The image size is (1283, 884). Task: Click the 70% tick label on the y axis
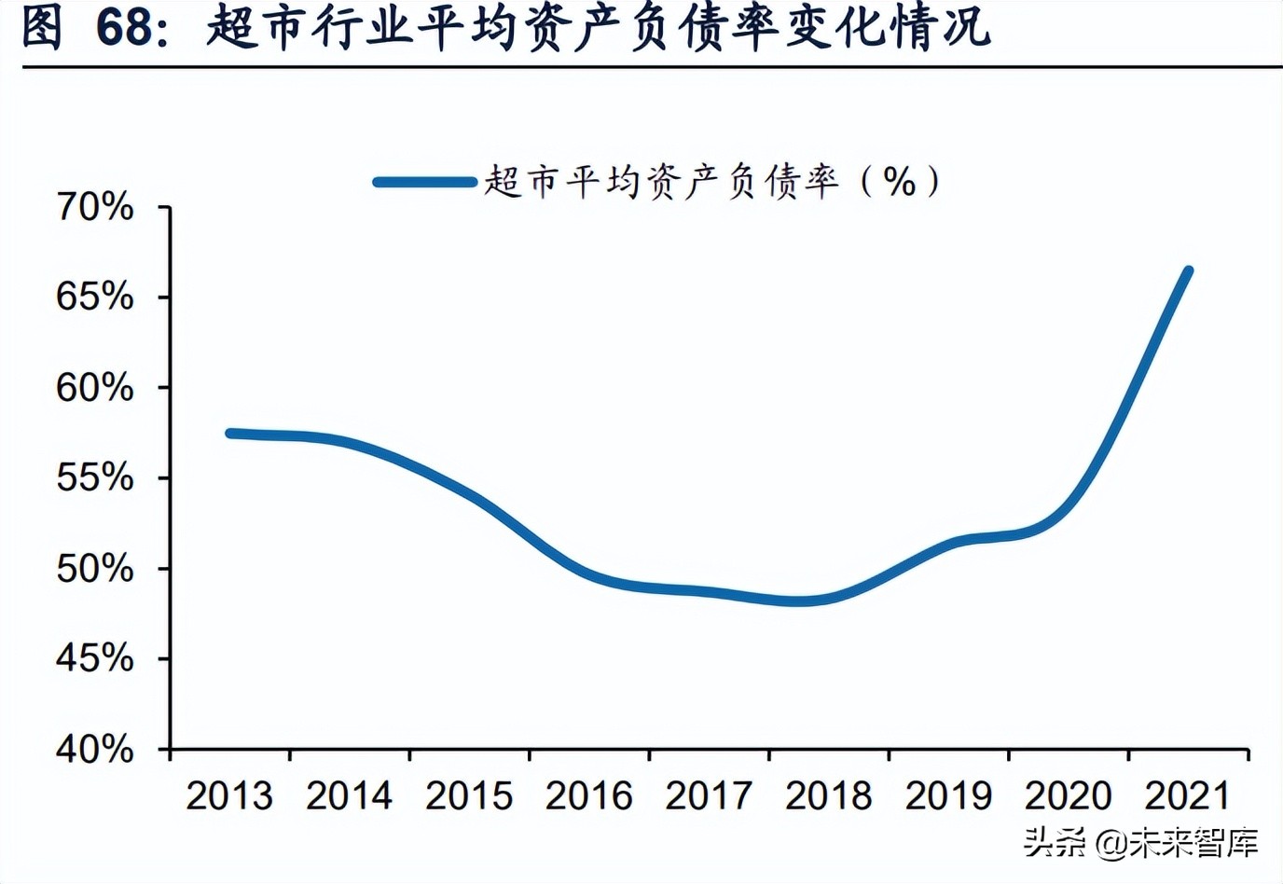pyautogui.click(x=95, y=207)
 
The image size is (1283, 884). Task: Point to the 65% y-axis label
pyautogui.click(x=95, y=297)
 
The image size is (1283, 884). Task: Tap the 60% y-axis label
pyautogui.click(x=95, y=388)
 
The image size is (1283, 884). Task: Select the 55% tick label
pyautogui.click(x=95, y=478)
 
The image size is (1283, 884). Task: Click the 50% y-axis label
pyautogui.click(x=95, y=569)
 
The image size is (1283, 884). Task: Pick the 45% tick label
pyautogui.click(x=95, y=659)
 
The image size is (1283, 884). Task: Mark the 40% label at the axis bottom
pyautogui.click(x=95, y=749)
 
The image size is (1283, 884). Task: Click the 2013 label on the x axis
pyautogui.click(x=229, y=796)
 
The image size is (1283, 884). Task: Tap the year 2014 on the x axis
pyautogui.click(x=349, y=796)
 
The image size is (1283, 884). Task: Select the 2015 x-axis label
pyautogui.click(x=469, y=796)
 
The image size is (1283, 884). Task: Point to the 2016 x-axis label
pyautogui.click(x=588, y=796)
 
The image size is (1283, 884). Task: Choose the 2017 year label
pyautogui.click(x=709, y=796)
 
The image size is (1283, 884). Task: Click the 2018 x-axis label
pyautogui.click(x=828, y=796)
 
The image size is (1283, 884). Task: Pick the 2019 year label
pyautogui.click(x=948, y=796)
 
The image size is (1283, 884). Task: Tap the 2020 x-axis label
pyautogui.click(x=1068, y=796)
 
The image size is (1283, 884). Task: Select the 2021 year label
pyautogui.click(x=1188, y=796)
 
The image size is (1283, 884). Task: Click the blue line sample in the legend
pyautogui.click(x=425, y=182)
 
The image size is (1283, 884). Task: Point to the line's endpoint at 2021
pyautogui.click(x=1188, y=272)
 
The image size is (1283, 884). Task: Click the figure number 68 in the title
pyautogui.click(x=124, y=27)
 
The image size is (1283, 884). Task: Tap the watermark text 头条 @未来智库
pyautogui.click(x=1140, y=843)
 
